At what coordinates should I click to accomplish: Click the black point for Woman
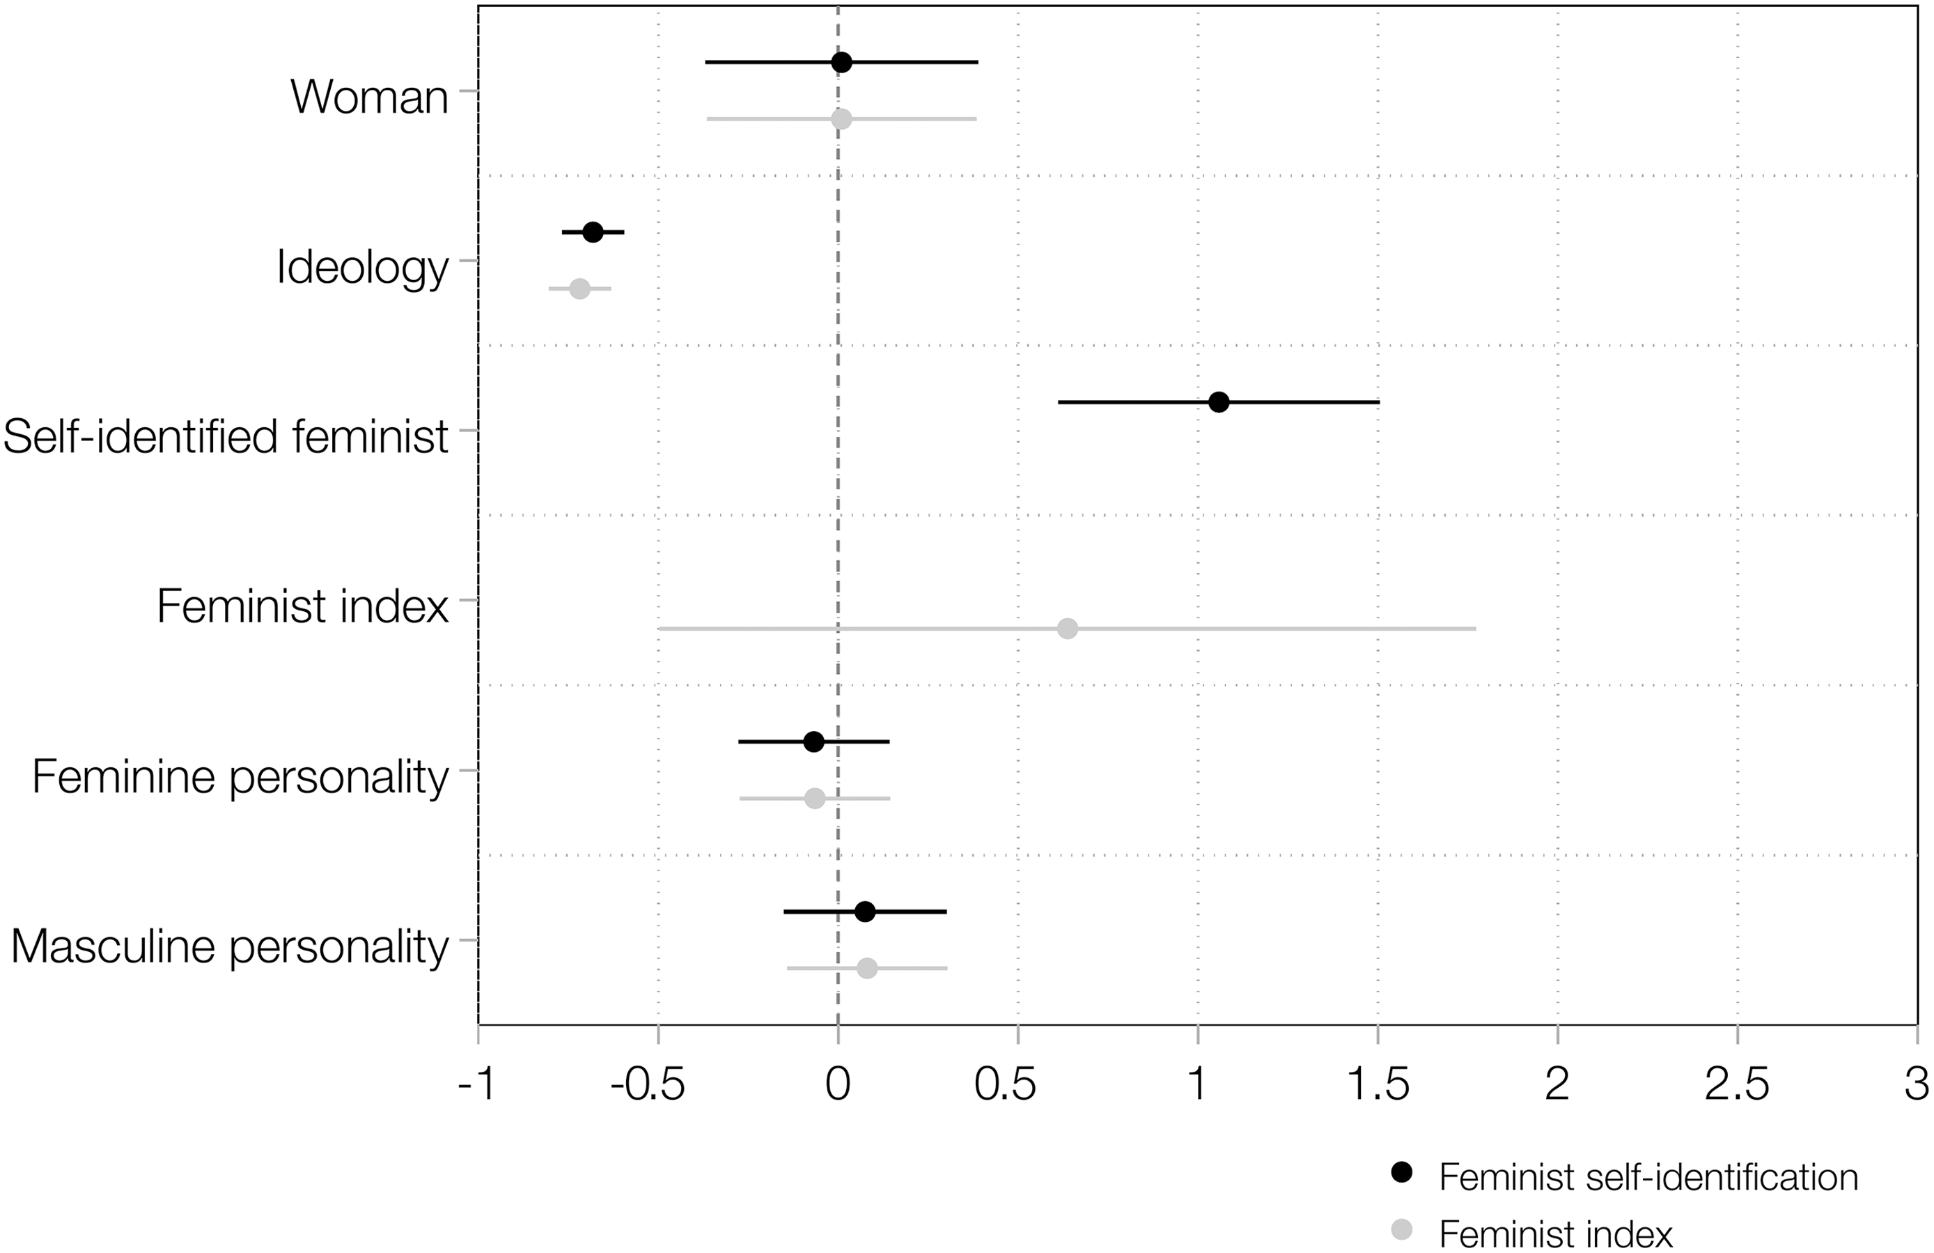tap(842, 63)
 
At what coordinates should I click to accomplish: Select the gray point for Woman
tap(842, 120)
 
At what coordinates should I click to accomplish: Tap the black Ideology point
tap(593, 233)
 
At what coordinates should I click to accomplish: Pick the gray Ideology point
tap(579, 289)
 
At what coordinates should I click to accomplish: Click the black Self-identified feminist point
tap(1219, 401)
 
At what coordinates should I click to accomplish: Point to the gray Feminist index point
tap(1068, 629)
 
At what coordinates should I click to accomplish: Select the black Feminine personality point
tap(813, 741)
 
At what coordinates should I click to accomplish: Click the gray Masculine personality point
tap(867, 969)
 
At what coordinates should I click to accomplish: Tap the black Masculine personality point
tap(866, 912)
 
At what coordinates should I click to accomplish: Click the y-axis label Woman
tap(369, 97)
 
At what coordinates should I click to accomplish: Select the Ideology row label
tap(362, 267)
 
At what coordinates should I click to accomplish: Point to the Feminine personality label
tap(240, 777)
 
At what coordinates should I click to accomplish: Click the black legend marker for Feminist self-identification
tap(1402, 1172)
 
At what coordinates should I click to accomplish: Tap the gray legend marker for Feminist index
tap(1402, 1230)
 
